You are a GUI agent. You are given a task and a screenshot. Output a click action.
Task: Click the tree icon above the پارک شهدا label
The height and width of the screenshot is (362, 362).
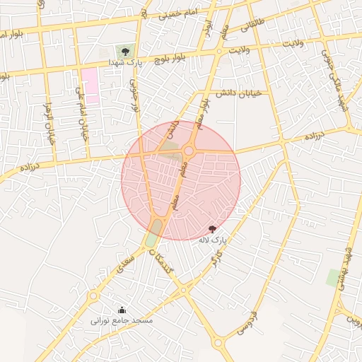(125, 52)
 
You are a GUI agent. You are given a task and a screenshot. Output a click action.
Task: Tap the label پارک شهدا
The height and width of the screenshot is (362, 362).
(125, 64)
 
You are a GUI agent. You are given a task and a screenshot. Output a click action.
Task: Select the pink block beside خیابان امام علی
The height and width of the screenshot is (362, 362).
(90, 86)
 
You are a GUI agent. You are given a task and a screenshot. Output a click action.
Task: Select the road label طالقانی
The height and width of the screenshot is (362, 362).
(255, 26)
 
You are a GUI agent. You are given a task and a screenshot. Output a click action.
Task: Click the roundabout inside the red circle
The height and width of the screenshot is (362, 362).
(189, 151)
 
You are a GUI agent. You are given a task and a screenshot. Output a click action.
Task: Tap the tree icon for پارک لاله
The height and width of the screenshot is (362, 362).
(212, 229)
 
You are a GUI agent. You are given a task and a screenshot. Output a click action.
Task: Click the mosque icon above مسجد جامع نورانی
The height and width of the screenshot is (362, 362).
(121, 310)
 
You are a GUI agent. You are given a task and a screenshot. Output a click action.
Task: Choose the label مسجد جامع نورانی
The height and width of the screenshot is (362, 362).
(121, 320)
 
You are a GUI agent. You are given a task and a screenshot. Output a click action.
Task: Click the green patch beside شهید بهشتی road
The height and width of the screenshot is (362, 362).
(333, 277)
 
